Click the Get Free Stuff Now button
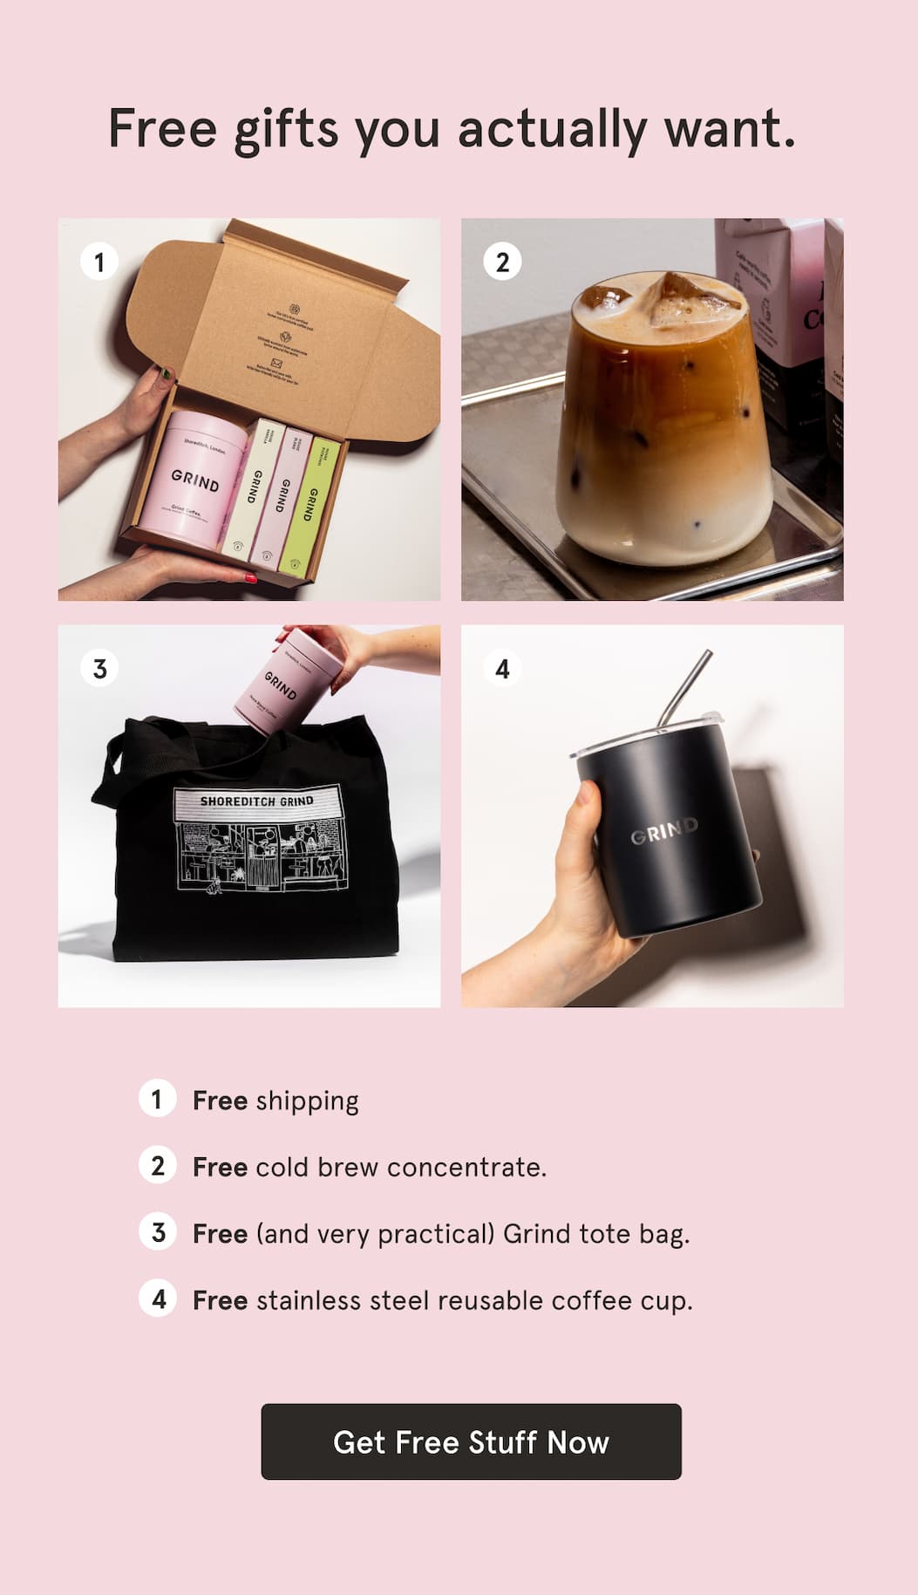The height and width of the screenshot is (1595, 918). click(471, 1442)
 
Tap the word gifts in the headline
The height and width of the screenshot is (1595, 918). click(285, 131)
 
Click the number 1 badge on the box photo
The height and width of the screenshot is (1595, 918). click(99, 262)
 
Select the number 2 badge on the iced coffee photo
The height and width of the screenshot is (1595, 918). click(502, 262)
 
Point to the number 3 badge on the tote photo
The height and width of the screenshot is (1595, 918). click(99, 669)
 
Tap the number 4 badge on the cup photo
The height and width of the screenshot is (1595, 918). click(502, 669)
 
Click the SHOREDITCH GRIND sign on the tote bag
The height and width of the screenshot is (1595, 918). click(256, 801)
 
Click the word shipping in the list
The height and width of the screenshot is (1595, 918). click(307, 1101)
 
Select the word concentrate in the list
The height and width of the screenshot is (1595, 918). click(466, 1168)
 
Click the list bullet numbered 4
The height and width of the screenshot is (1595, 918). click(158, 1299)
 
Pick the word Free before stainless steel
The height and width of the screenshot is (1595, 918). click(220, 1300)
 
